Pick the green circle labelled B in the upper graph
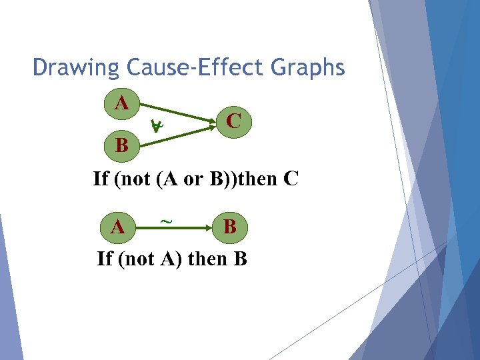point(121,144)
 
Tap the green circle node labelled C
point(233,121)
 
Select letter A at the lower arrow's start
point(117,228)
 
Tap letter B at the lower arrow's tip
point(229,227)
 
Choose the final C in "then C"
point(291,179)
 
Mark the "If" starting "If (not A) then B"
point(105,259)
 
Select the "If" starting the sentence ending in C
point(101,179)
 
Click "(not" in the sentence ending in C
point(133,179)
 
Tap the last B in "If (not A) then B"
point(241,259)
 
